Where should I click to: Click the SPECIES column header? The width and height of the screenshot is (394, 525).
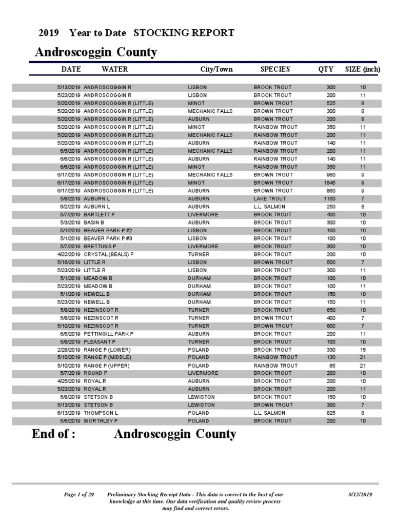click(275, 69)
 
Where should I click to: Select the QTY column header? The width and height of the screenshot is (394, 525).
click(325, 69)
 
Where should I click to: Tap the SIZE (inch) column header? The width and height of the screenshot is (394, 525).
click(362, 69)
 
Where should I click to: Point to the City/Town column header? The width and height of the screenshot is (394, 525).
click(216, 69)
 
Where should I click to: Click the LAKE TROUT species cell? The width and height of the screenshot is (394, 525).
click(270, 198)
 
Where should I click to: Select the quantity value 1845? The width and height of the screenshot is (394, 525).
click(329, 183)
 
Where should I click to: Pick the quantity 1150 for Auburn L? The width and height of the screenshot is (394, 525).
click(329, 198)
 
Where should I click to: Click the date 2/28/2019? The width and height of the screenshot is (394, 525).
click(69, 350)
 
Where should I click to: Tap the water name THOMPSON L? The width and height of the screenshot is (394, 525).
click(101, 413)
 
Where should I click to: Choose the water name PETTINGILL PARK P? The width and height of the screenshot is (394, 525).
click(108, 334)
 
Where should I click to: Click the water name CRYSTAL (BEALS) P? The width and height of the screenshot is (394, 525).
click(108, 254)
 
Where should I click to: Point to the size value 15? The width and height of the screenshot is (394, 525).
click(363, 350)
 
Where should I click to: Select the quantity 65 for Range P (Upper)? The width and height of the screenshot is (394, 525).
click(332, 366)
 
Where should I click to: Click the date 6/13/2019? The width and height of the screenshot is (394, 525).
click(69, 413)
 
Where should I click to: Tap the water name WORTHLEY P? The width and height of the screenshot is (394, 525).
click(101, 421)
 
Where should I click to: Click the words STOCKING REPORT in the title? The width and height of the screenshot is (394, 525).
click(184, 33)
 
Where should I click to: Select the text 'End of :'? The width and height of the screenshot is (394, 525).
click(54, 434)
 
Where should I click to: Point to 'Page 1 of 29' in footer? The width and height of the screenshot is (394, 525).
click(78, 495)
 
